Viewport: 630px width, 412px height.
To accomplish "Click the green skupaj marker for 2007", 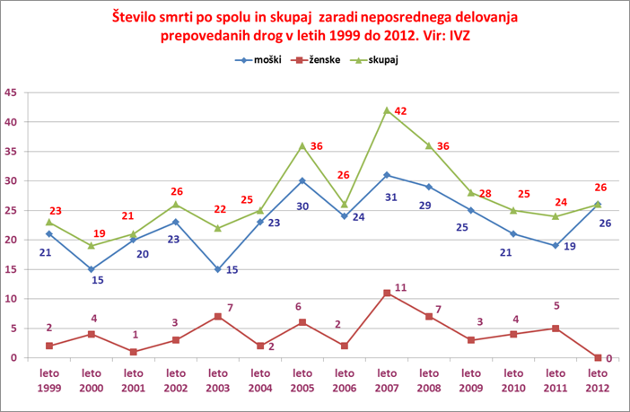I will tap(387, 110).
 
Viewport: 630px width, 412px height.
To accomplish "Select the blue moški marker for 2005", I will tap(302, 180).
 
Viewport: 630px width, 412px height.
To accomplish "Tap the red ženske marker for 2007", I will tap(387, 293).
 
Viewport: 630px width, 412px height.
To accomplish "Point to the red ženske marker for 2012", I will tap(598, 357).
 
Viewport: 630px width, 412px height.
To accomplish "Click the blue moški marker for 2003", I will tap(218, 269).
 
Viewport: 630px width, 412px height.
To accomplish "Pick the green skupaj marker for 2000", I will tap(92, 245).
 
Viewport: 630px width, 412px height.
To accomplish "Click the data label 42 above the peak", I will tap(401, 111).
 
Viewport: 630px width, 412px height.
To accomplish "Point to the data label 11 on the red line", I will tap(400, 287).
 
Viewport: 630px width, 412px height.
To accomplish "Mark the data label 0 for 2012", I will tap(609, 358).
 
